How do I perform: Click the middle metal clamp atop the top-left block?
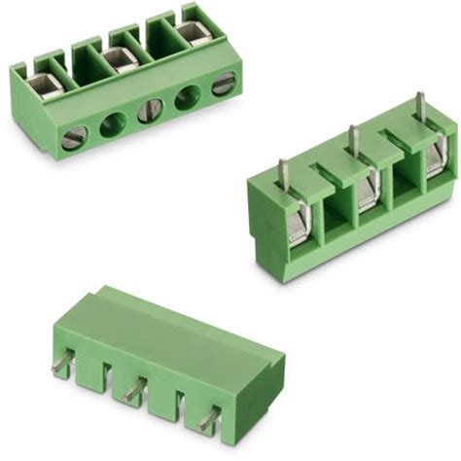pos(120,62)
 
